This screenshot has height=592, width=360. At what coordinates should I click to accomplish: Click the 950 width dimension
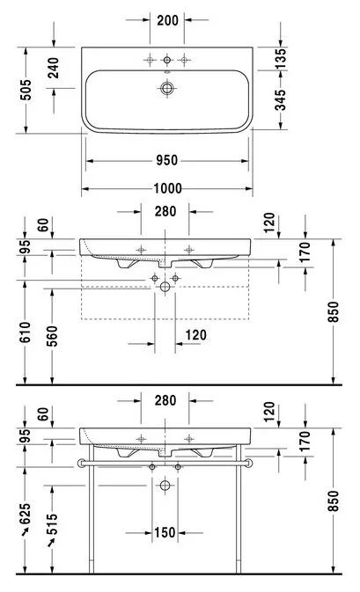(167, 160)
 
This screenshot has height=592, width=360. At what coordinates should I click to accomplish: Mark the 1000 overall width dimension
(167, 188)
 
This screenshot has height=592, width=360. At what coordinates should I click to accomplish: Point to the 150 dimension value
(165, 533)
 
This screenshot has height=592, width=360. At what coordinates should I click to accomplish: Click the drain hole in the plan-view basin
(167, 88)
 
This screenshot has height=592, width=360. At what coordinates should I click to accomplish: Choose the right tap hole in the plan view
(184, 59)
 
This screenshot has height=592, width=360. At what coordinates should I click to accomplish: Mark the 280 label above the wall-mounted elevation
(165, 211)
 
